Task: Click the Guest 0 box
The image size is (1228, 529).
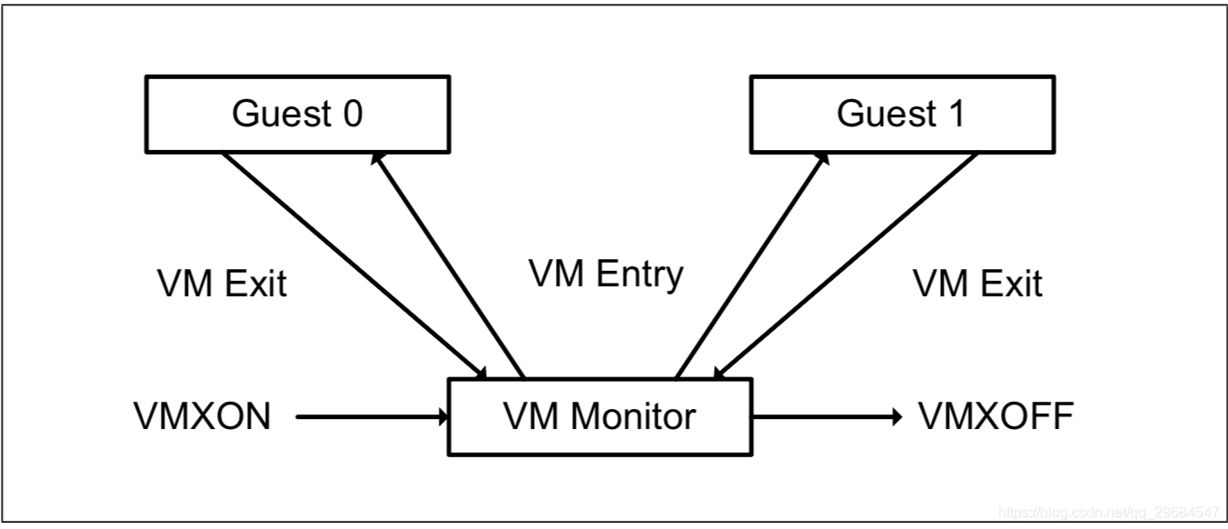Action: coord(297,114)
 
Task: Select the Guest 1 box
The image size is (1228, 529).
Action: coord(902,114)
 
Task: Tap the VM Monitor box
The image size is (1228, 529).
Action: coord(599,416)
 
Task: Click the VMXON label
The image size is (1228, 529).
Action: coord(202,417)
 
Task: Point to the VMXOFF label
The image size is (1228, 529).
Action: coord(995,417)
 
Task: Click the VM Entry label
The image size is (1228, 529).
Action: coord(606,273)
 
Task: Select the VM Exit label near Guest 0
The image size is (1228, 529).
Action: coord(222,284)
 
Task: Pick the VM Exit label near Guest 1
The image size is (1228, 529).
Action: coord(977,284)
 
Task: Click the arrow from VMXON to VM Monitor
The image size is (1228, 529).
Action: coord(372,417)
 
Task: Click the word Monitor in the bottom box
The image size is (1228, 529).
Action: coord(633,416)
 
